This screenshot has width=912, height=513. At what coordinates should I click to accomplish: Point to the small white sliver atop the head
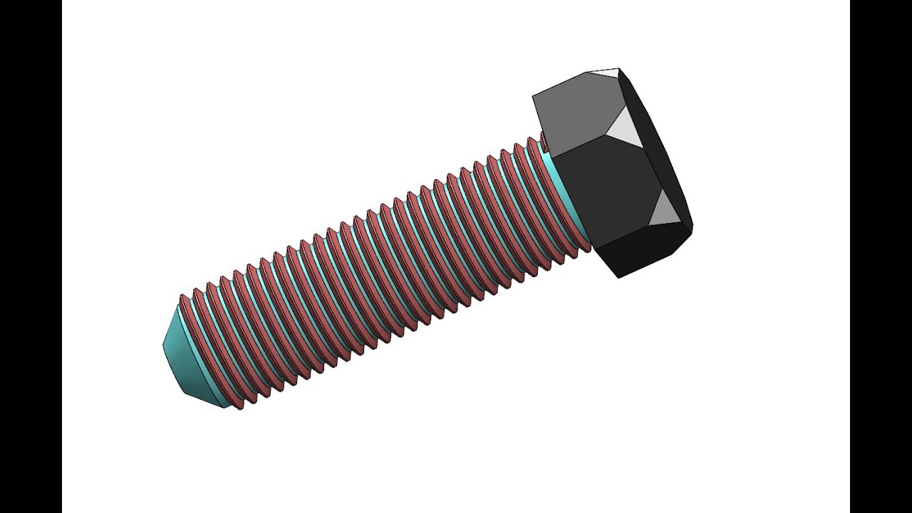(x=606, y=72)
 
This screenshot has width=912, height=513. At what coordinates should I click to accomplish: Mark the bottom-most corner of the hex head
(x=618, y=277)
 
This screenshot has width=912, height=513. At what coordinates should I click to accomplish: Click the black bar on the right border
(x=881, y=256)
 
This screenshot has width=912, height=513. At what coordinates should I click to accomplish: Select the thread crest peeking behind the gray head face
(x=543, y=139)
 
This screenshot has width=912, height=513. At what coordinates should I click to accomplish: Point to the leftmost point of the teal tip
(x=163, y=344)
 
